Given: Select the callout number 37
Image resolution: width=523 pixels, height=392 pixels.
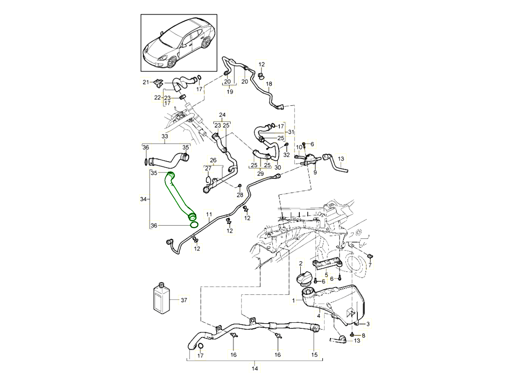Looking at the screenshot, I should pos(183,300).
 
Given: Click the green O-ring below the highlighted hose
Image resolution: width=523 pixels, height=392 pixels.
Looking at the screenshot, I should pos(194,225).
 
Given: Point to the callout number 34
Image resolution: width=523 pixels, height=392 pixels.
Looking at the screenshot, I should pos(143,199).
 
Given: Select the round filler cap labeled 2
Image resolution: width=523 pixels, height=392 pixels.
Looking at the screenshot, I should pos(302,279).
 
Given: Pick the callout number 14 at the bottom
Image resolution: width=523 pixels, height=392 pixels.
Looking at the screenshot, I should pos(255,369).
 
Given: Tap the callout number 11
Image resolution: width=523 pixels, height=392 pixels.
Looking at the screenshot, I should pos(209,215).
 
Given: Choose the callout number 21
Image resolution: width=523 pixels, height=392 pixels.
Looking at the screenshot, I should pos(146,82).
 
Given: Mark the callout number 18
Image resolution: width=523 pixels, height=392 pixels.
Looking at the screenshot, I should pos(269,84).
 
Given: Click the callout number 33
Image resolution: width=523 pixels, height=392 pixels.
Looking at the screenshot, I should pos(165,136).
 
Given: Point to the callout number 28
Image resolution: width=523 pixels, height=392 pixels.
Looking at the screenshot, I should pos(239,195).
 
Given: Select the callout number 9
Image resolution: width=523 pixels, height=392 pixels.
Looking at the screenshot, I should pos(315,172).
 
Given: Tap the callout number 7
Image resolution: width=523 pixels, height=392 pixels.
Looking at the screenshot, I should pos(370,265).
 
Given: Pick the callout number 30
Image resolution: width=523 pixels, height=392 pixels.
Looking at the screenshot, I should pos(277,168).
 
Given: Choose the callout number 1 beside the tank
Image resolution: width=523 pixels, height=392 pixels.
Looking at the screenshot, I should pos(293,300).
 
